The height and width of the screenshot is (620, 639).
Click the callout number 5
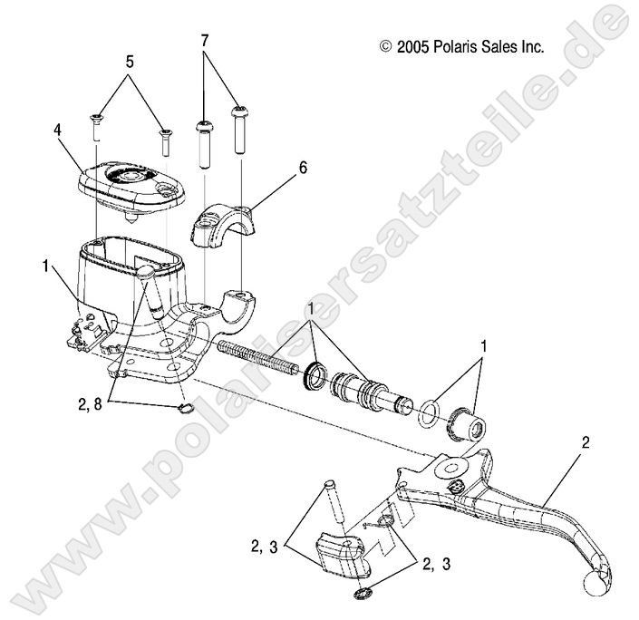click(130, 62)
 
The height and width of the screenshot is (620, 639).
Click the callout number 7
click(205, 41)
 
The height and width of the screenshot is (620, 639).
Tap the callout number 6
click(276, 167)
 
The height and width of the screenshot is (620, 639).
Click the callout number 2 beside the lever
click(585, 443)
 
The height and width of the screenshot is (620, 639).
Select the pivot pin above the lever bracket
click(332, 505)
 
